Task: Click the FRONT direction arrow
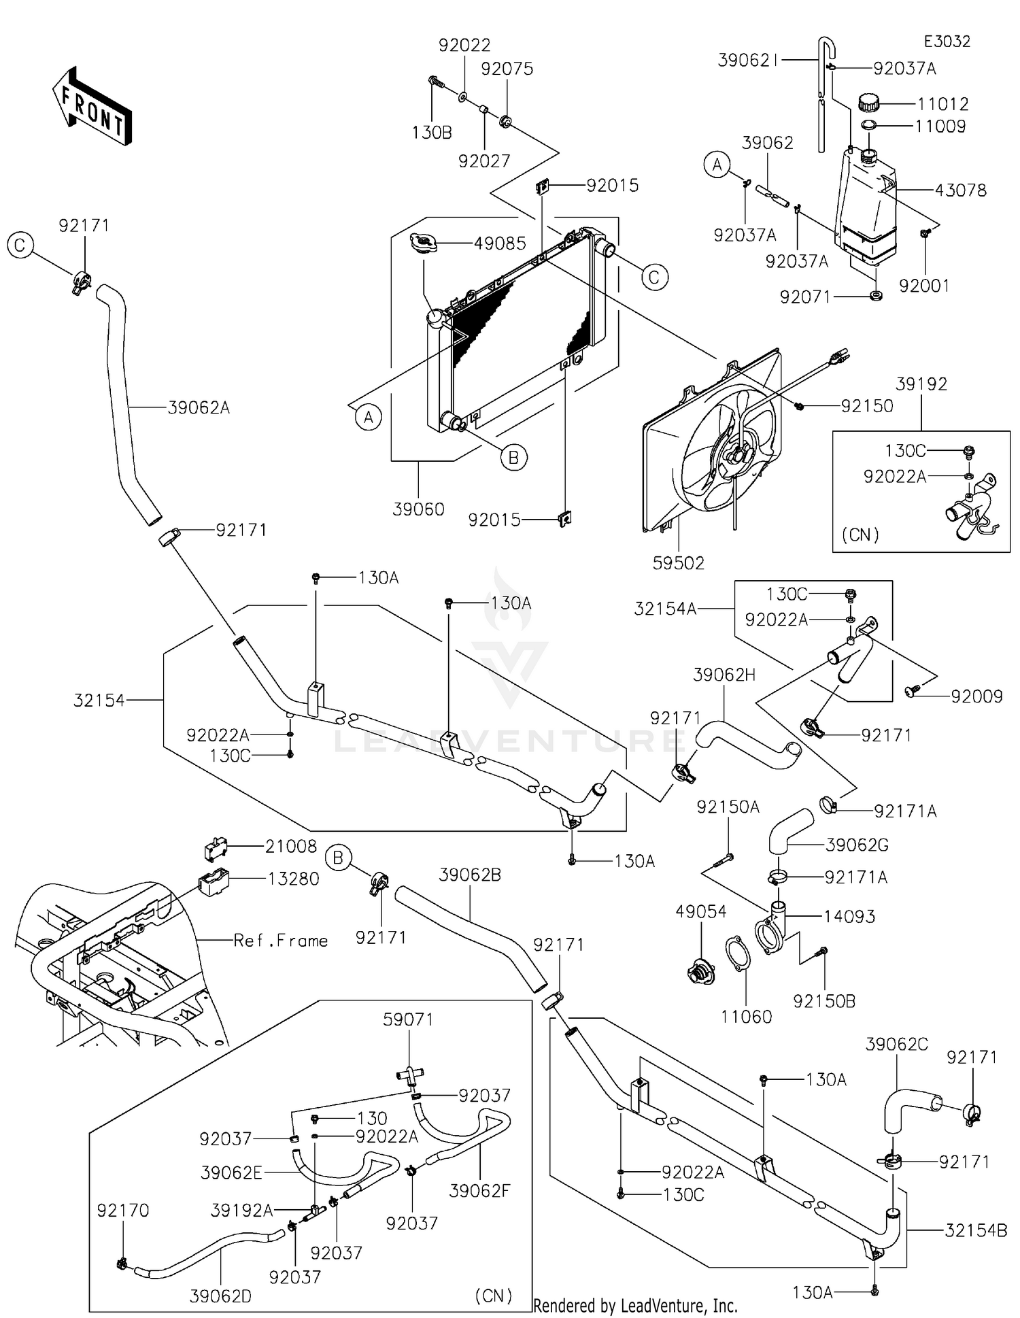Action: coord(92,105)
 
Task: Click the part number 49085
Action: coord(500,243)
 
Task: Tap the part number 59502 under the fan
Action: coord(678,563)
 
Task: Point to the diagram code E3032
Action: coord(947,41)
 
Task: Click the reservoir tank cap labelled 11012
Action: coord(868,103)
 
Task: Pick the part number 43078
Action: coord(960,190)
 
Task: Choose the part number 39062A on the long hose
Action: coord(199,408)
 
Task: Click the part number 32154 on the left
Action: coord(99,700)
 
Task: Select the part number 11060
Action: coord(746,1017)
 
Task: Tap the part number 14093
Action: coord(849,916)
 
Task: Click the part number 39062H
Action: coord(724,675)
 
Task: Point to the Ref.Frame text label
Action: coord(280,941)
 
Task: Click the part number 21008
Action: coord(291,846)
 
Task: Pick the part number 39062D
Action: coord(220,1296)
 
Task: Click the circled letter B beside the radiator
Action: coord(513,458)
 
